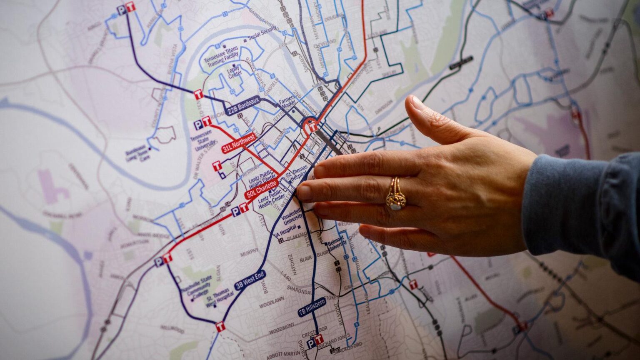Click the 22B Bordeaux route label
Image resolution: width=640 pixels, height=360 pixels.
click(x=243, y=106)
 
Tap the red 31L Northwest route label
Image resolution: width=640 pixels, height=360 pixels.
click(x=239, y=143)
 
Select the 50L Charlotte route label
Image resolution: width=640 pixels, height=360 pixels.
click(x=261, y=189)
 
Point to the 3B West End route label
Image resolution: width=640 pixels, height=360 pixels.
click(x=250, y=280)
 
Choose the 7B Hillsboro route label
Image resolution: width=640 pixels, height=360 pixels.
click(x=312, y=307)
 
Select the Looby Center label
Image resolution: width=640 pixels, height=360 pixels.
click(x=235, y=73)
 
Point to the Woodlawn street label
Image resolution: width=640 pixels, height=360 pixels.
click(x=272, y=302)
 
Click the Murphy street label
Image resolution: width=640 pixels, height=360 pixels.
click(x=249, y=252)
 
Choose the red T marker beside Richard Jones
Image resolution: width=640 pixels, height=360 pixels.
click(x=319, y=339)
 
